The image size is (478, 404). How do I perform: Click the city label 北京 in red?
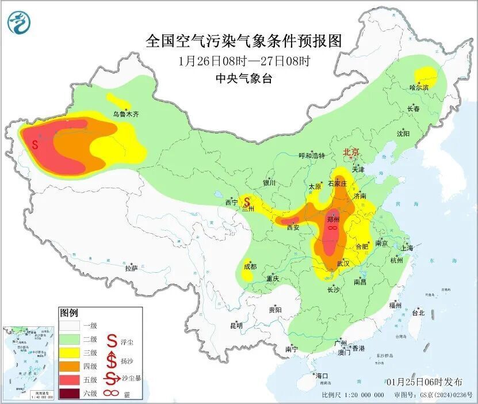pyautogui.click(x=351, y=152)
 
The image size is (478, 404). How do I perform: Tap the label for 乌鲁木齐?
pyautogui.click(x=125, y=115)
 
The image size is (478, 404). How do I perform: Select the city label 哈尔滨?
pyautogui.click(x=419, y=87)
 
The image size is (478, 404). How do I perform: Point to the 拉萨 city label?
pyautogui.click(x=131, y=268)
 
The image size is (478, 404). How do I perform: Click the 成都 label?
pyautogui.click(x=250, y=266)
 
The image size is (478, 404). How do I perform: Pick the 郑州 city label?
pyautogui.click(x=332, y=219)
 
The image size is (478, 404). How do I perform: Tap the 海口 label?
pyautogui.click(x=322, y=376)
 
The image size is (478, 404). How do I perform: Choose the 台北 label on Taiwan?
pyautogui.click(x=418, y=313)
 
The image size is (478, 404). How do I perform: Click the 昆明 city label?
pyautogui.click(x=236, y=325)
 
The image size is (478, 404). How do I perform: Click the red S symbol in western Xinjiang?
pyautogui.click(x=35, y=144)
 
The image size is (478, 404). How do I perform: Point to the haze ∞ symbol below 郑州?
pyautogui.click(x=332, y=228)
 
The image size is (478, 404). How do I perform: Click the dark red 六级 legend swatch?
pyautogui.click(x=68, y=394)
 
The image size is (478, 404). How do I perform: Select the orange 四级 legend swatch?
pyautogui.click(x=68, y=366)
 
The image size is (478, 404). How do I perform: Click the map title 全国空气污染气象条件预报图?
pyautogui.click(x=244, y=41)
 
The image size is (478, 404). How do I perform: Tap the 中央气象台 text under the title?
pyautogui.click(x=243, y=79)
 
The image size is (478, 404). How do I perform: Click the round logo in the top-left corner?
pyautogui.click(x=19, y=22)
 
